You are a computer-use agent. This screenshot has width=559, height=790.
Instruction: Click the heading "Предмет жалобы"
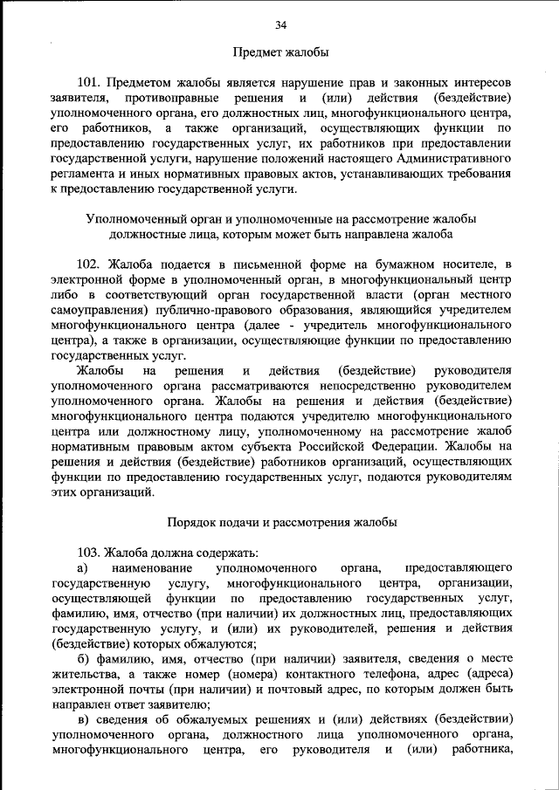[279, 53]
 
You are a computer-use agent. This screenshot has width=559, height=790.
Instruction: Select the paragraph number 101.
[91, 81]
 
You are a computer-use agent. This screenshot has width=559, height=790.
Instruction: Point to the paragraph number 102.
[91, 263]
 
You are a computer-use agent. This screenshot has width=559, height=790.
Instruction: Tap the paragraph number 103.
[91, 552]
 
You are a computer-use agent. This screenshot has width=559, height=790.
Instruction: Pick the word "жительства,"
[86, 673]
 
